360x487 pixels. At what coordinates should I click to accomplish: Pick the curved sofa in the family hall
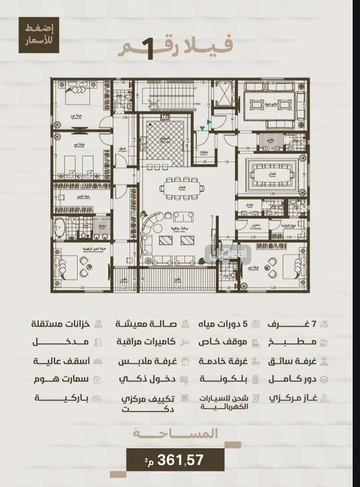pos(152,223)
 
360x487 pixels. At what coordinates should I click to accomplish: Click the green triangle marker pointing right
pos(209,122)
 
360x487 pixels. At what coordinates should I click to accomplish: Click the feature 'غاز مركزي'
pos(293,398)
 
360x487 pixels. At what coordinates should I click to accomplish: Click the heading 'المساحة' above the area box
pos(175,434)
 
